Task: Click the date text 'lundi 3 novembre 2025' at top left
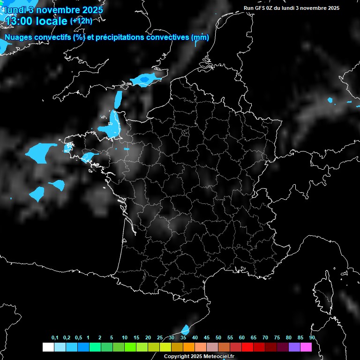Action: (x=52, y=9)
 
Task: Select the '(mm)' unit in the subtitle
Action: (x=200, y=37)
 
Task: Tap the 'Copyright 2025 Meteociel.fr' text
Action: (x=199, y=356)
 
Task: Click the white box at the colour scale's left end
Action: (x=48, y=347)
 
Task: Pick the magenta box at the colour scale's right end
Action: (x=306, y=347)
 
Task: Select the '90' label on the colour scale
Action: (x=312, y=337)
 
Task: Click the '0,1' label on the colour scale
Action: (x=55, y=337)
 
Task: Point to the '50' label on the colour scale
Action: (x=218, y=337)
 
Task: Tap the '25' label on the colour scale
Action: (x=160, y=337)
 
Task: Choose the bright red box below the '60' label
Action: (x=247, y=347)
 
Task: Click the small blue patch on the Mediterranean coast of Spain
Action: (x=185, y=330)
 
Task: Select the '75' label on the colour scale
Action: (x=277, y=337)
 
